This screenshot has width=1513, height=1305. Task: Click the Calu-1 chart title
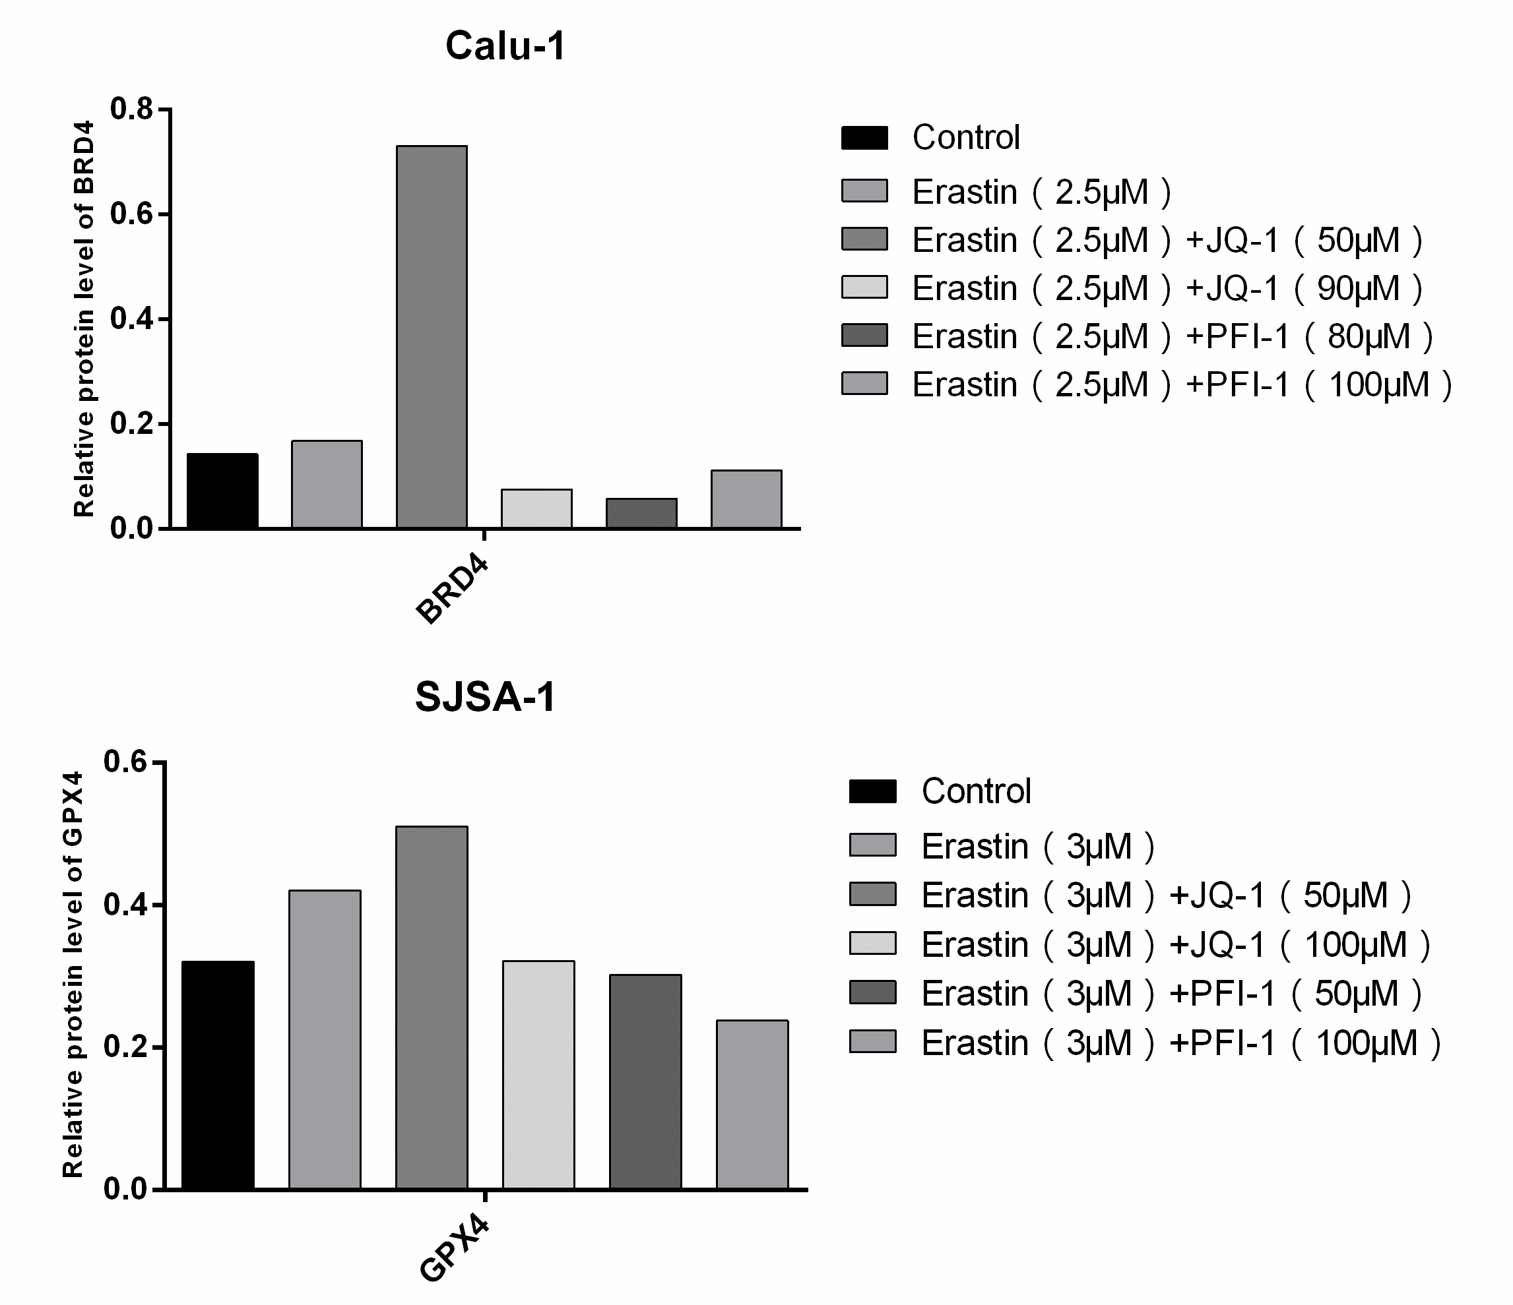505,47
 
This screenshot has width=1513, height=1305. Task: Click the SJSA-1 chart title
486,697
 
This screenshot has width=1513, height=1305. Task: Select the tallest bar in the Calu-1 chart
432,336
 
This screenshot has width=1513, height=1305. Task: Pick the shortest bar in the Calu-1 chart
641,513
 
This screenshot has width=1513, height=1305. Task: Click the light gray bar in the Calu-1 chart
536,508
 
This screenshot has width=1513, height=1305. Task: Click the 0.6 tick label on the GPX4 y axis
125,761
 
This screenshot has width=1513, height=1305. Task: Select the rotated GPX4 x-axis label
454,1248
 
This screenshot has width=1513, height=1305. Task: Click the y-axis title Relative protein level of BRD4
84,319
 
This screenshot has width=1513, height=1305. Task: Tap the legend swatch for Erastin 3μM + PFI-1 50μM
872,992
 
